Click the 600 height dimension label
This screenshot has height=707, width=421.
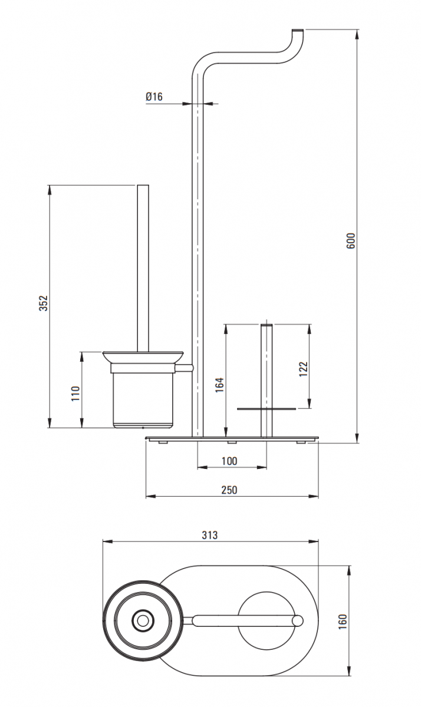(x=351, y=241)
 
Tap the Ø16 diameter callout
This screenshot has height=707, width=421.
(x=154, y=97)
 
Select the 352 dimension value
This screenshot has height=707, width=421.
(x=43, y=303)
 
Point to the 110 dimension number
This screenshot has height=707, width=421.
(x=75, y=394)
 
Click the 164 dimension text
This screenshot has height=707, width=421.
(x=219, y=385)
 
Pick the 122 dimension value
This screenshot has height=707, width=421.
(x=303, y=369)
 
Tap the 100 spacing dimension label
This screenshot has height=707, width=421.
(x=229, y=461)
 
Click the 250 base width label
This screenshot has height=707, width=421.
(x=229, y=490)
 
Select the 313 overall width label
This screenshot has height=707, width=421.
(x=210, y=535)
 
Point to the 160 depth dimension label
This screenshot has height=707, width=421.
(x=343, y=622)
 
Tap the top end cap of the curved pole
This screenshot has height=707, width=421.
(x=298, y=30)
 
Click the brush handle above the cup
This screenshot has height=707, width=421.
(x=143, y=268)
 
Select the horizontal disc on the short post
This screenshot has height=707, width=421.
(x=267, y=409)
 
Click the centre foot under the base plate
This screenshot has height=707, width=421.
(x=232, y=442)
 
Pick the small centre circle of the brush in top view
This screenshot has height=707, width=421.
(x=143, y=621)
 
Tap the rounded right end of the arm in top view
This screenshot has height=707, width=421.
(x=298, y=620)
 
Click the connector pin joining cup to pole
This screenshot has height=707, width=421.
(x=184, y=368)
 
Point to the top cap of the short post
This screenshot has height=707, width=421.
(x=267, y=325)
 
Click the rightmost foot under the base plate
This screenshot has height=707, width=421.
(x=301, y=442)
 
